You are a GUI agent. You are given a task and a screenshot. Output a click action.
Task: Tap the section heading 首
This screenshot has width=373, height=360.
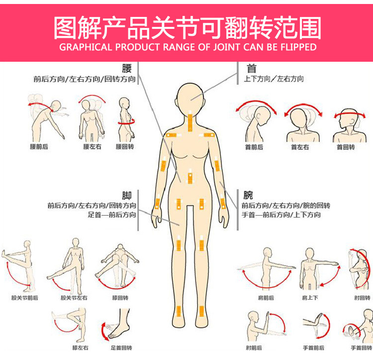tap(251, 68)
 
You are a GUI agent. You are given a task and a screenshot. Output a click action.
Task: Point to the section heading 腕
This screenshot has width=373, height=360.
tap(248, 195)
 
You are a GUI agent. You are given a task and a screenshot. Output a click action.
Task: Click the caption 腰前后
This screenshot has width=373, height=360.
tap(39, 147)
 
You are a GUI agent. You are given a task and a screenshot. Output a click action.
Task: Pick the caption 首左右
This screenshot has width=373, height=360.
tap(299, 147)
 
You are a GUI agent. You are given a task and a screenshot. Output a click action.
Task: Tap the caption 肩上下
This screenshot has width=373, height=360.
tap(310, 298)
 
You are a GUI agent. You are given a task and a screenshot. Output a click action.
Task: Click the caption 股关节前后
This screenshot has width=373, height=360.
tap(25, 298)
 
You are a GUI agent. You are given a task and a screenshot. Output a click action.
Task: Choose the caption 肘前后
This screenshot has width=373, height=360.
tap(254, 348)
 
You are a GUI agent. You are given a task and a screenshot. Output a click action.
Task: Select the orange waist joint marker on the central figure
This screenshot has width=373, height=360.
tap(189, 177)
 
